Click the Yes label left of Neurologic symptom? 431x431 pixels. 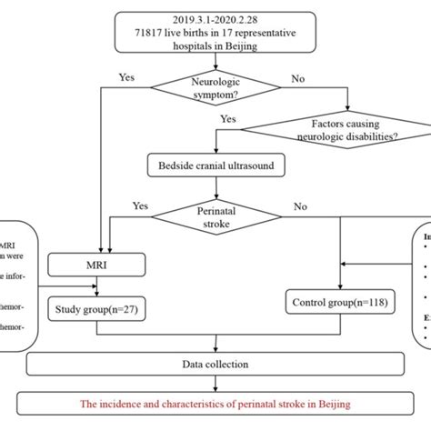[x=128, y=76]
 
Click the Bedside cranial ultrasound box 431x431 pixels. [x=215, y=166]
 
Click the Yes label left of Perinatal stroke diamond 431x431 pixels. [x=141, y=205]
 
